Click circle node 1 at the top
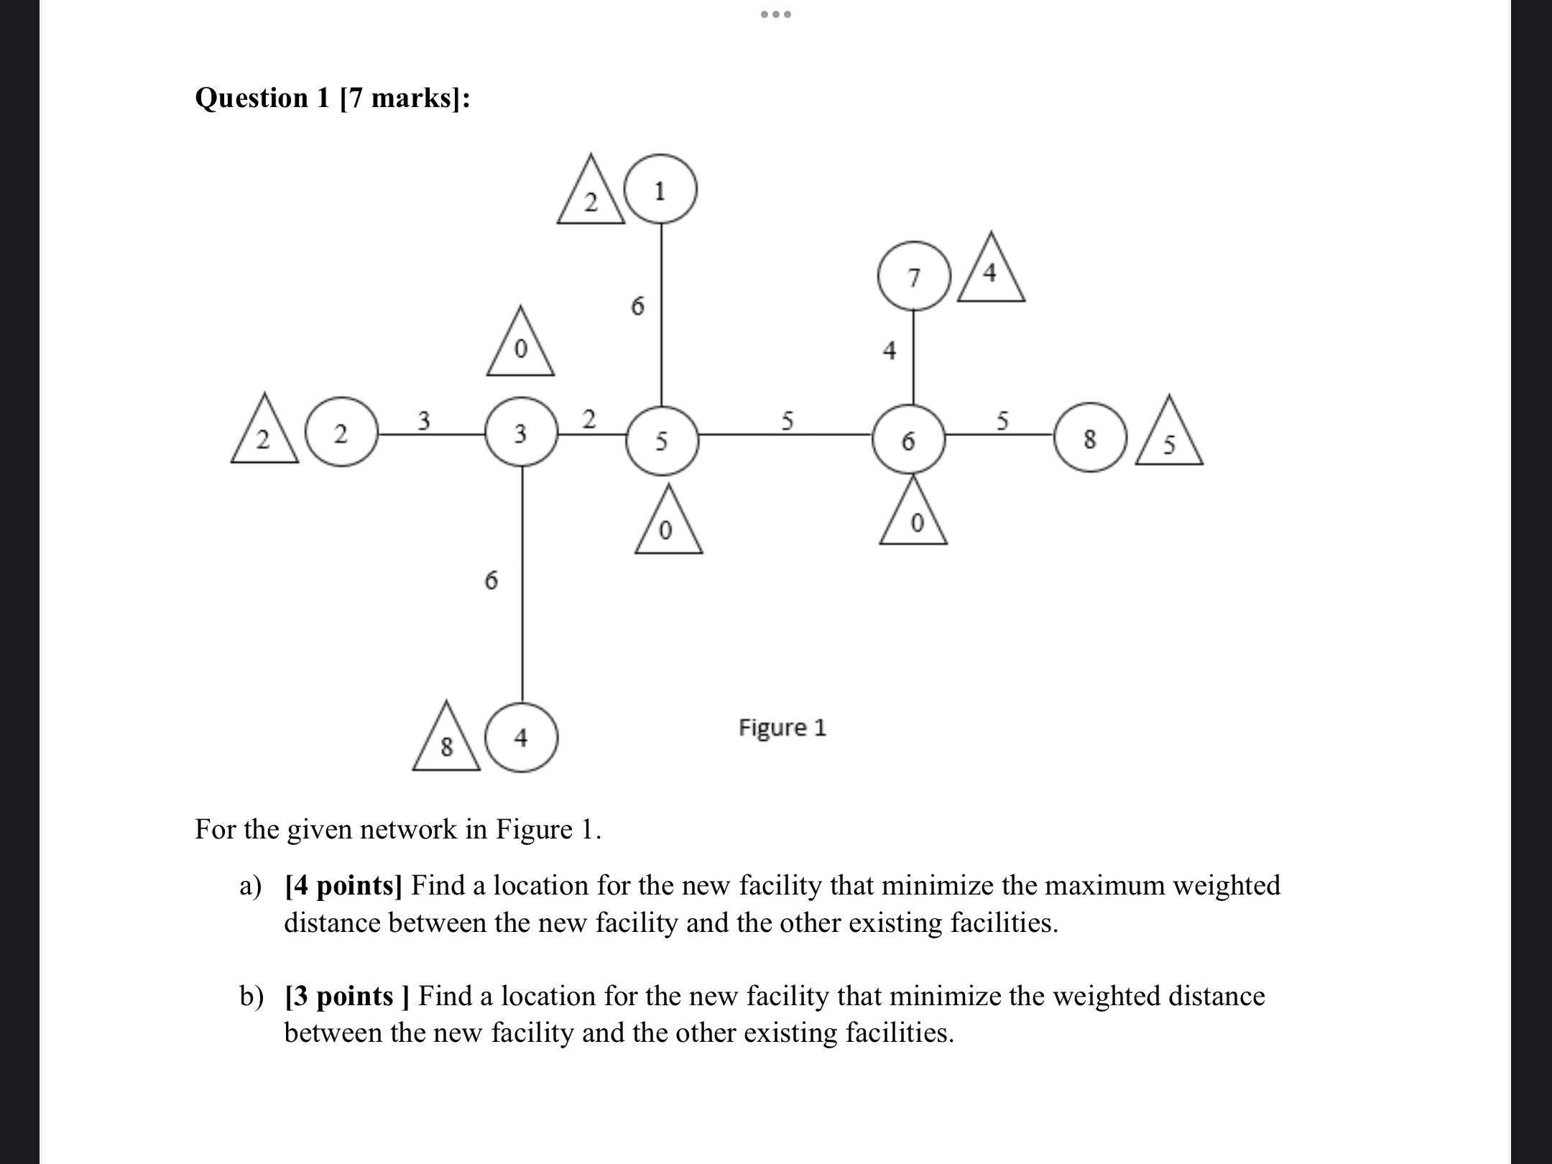click(x=661, y=190)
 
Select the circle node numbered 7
click(x=913, y=276)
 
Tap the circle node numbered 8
click(x=1090, y=438)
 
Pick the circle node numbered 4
click(x=522, y=737)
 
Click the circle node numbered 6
click(x=909, y=439)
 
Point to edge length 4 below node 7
click(x=890, y=351)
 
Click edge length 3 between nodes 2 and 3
click(x=424, y=420)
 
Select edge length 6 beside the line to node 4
click(x=491, y=579)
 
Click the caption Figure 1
click(x=782, y=728)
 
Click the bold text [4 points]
click(x=343, y=885)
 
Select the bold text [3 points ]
click(x=347, y=996)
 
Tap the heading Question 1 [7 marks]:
click(x=333, y=98)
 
